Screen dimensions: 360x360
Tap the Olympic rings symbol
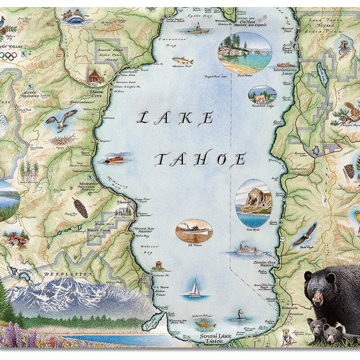click(x=8, y=56)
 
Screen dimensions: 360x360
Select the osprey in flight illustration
click(x=58, y=122)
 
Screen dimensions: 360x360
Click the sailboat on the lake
click(x=195, y=288)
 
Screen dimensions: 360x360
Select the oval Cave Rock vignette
click(x=254, y=202)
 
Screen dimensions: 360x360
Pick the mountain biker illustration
click(x=344, y=48)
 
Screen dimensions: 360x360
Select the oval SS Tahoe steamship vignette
click(x=194, y=231)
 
